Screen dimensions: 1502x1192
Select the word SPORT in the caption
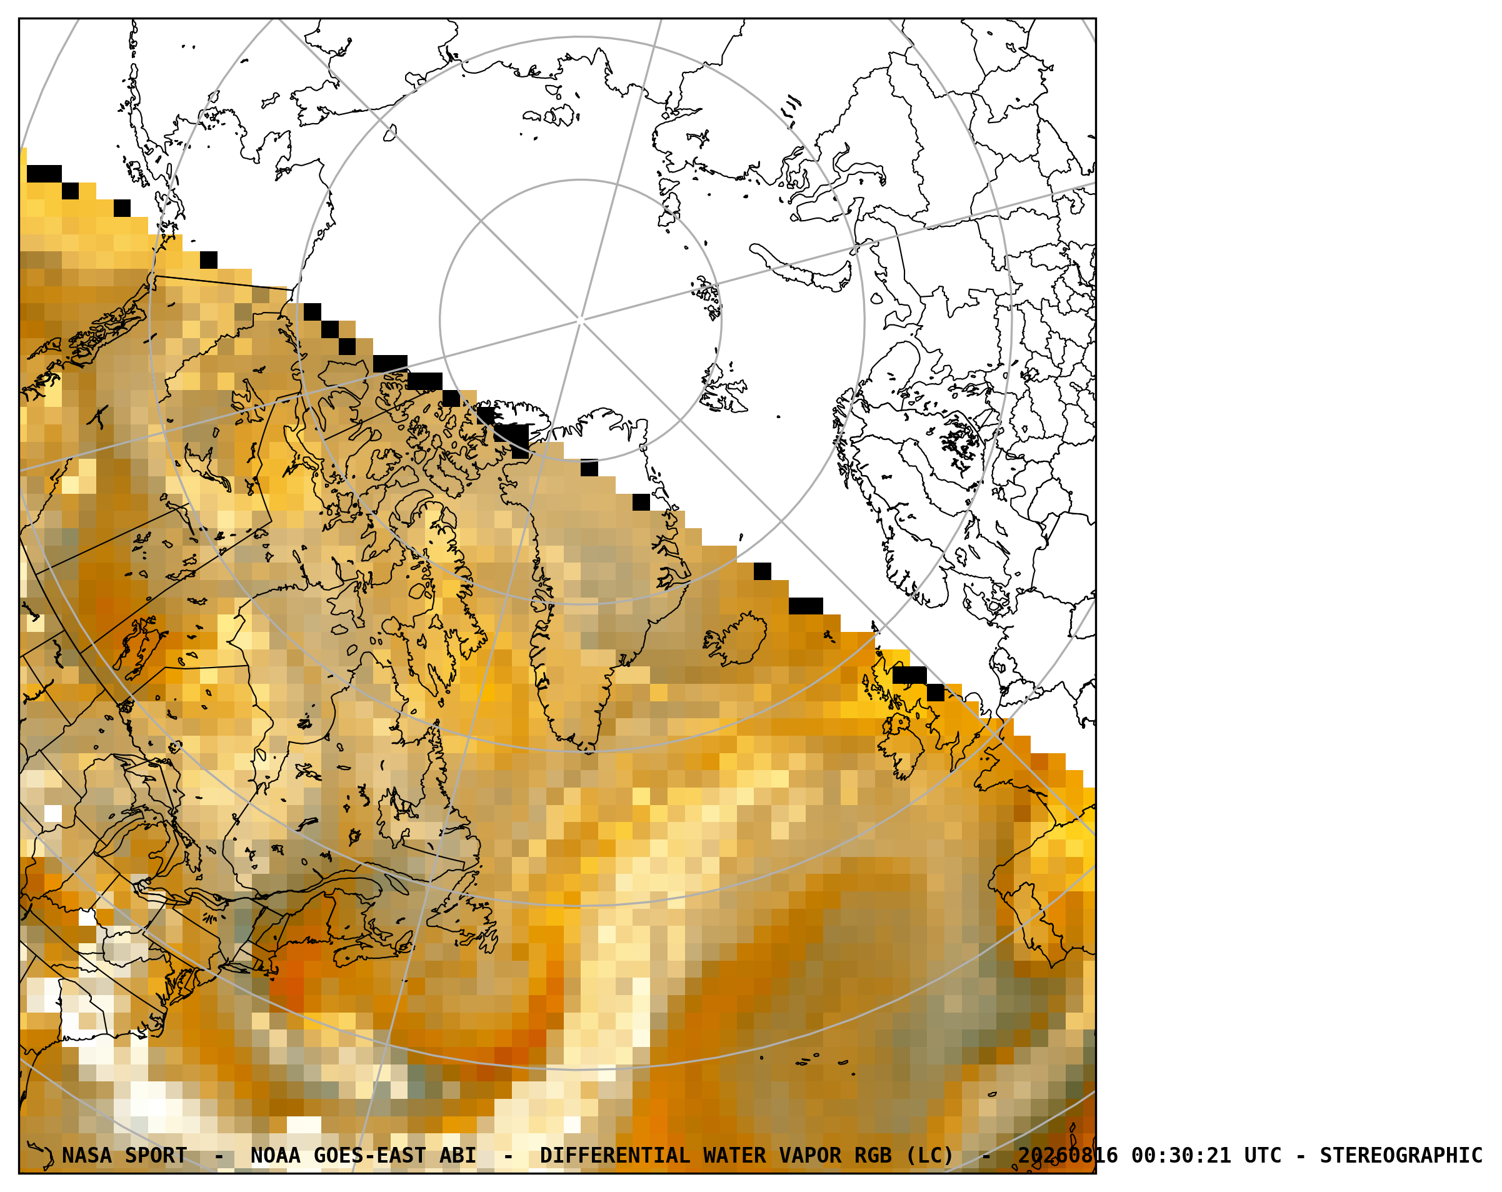pyautogui.click(x=156, y=1156)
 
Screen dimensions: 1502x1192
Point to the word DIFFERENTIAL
pyautogui.click(x=615, y=1156)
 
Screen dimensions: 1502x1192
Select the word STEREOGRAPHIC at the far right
pyautogui.click(x=1401, y=1156)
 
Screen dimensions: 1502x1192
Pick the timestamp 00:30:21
pyautogui.click(x=1181, y=1156)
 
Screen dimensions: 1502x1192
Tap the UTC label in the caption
pyautogui.click(x=1263, y=1156)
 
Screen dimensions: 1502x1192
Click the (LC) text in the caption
pyautogui.click(x=929, y=1156)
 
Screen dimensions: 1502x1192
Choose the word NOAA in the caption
pyautogui.click(x=276, y=1156)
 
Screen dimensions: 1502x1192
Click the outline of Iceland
pyautogui.click(x=734, y=638)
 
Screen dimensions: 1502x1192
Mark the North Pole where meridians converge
pyautogui.click(x=580, y=321)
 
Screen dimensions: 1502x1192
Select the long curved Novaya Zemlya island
pyautogui.click(x=801, y=268)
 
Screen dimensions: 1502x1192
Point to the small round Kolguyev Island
pyautogui.click(x=876, y=299)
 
